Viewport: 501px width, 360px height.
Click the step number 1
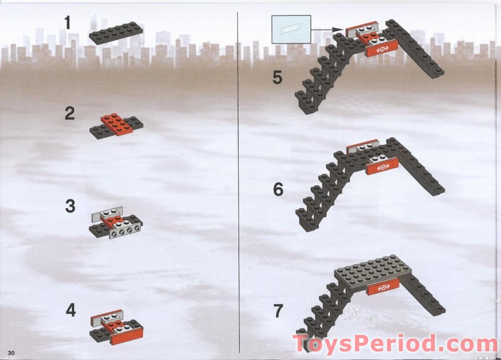pos(67,23)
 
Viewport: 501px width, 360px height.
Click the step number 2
pos(70,113)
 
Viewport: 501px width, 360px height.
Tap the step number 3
pos(70,206)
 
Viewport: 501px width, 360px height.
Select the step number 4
pos(70,310)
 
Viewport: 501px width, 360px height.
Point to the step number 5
pos(277,77)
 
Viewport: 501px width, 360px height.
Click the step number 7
pos(278,311)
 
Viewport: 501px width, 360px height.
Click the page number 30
pos(11,353)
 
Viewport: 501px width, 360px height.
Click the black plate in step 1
pos(116,33)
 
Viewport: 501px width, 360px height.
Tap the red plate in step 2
pos(116,125)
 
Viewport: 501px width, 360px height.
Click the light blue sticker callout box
pos(291,30)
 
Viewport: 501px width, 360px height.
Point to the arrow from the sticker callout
pos(327,30)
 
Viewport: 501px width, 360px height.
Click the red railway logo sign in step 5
pos(382,49)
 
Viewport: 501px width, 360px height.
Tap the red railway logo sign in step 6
pos(382,167)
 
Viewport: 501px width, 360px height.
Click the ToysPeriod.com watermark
pos(395,344)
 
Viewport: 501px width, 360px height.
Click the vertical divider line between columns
pos(239,182)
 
